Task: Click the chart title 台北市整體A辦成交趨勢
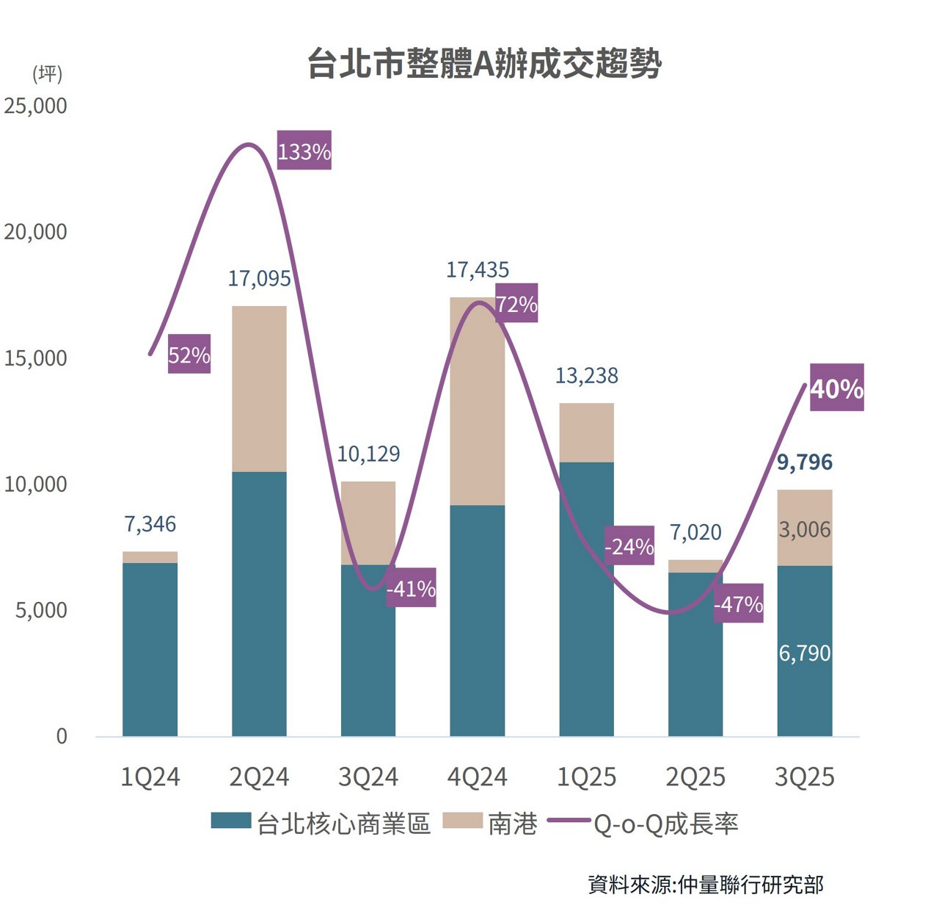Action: click(x=483, y=64)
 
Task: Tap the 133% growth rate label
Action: click(x=304, y=151)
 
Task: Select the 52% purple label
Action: click(x=189, y=355)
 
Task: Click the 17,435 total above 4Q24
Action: click(x=477, y=270)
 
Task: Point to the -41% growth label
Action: click(x=411, y=588)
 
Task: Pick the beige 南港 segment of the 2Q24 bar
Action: click(x=259, y=389)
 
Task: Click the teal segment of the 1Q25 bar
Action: click(x=586, y=598)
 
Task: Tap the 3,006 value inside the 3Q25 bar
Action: click(x=804, y=529)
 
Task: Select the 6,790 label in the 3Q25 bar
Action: click(x=804, y=653)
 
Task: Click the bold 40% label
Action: click(x=836, y=388)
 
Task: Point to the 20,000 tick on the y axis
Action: click(x=35, y=232)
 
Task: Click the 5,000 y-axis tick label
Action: click(x=41, y=610)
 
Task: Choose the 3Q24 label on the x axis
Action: click(x=368, y=777)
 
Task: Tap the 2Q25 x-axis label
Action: click(x=695, y=777)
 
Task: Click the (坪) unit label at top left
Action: click(x=47, y=73)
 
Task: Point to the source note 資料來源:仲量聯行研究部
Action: click(x=705, y=885)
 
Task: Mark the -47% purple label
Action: click(x=738, y=604)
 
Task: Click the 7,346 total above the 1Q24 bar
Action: click(x=150, y=524)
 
